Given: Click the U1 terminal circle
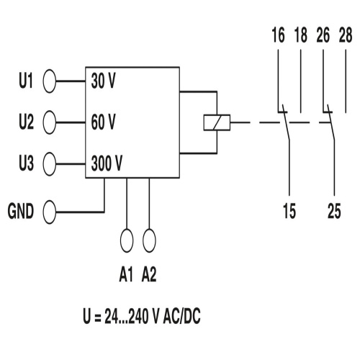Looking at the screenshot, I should click(x=50, y=81).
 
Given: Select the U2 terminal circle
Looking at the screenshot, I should click(x=50, y=122).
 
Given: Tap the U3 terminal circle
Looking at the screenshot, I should click(x=50, y=163).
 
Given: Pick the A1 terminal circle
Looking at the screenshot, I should click(x=127, y=239).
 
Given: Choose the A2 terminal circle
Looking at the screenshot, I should click(x=150, y=239).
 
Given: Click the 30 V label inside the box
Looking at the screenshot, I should click(x=104, y=81).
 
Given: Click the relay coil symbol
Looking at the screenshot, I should click(x=215, y=122).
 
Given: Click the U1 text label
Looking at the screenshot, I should click(x=26, y=81).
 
